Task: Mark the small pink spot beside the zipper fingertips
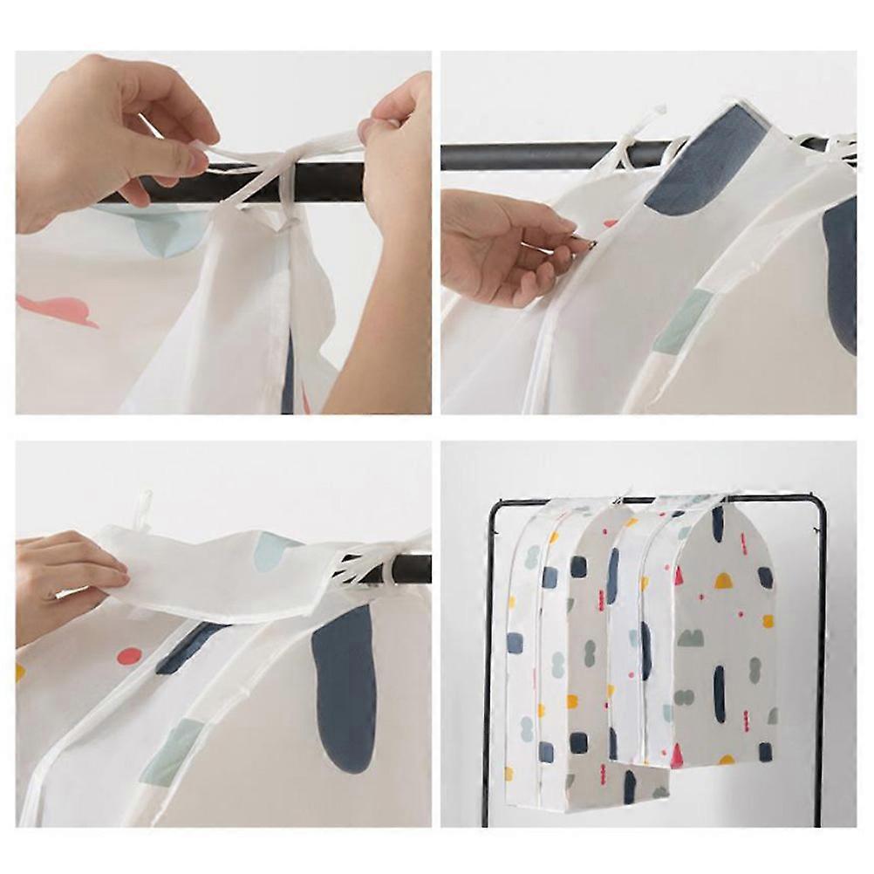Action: [609, 224]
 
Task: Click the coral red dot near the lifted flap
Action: [129, 656]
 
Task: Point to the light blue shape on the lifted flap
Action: [277, 550]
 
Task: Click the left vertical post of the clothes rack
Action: [488, 663]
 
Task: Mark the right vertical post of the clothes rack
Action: [821, 663]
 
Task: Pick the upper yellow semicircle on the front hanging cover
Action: [725, 580]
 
